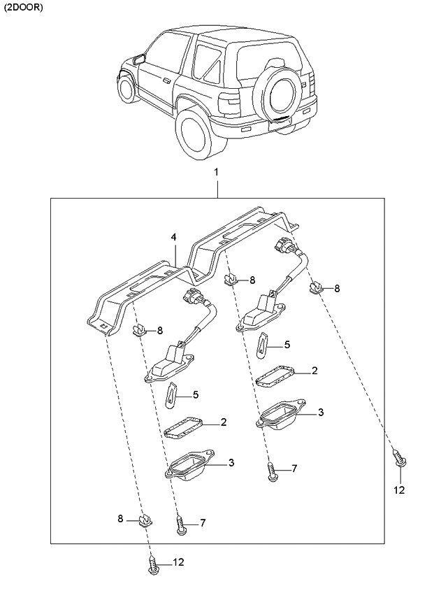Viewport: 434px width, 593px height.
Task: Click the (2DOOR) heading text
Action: [24, 8]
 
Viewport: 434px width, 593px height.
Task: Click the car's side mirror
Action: [139, 59]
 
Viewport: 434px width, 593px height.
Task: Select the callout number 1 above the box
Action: [216, 173]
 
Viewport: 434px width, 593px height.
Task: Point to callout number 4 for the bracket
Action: [173, 238]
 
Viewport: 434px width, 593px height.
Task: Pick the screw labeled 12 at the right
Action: [400, 457]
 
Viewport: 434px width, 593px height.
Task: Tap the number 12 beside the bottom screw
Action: [178, 562]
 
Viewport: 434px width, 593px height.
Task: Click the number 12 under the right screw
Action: [399, 490]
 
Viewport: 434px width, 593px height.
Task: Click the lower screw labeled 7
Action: [181, 526]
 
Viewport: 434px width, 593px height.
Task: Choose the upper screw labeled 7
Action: [272, 471]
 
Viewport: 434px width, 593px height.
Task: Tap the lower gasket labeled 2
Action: [184, 429]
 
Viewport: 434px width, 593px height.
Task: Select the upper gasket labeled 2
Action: [275, 377]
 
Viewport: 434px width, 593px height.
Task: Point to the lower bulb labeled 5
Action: [172, 394]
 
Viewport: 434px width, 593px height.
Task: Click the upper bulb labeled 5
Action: [262, 345]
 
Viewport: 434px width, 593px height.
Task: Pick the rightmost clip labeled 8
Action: [317, 288]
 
